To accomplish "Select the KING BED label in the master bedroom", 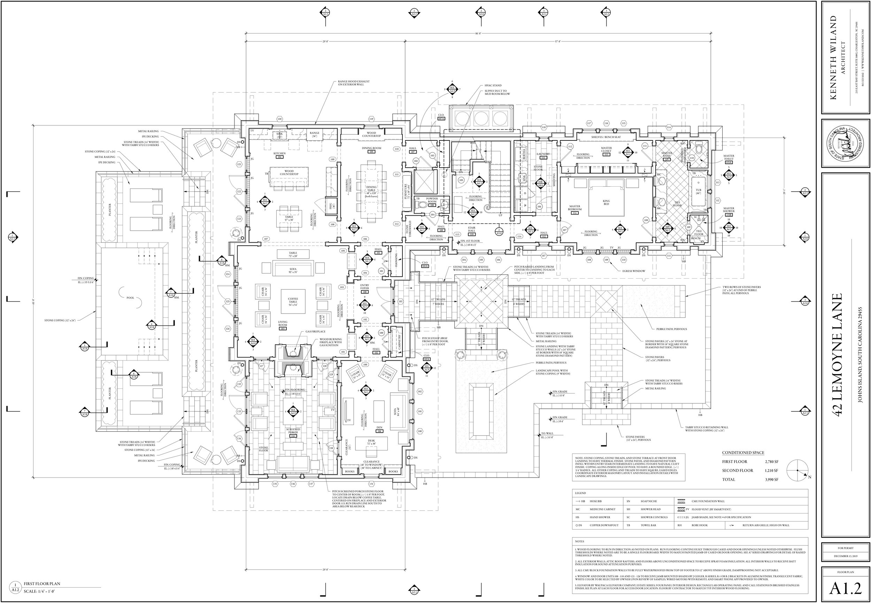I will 606,202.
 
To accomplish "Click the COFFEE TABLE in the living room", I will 293,301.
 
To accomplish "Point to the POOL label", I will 130,298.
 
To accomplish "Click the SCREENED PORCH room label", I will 293,431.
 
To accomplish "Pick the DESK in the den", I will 371,442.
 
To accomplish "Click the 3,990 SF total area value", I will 771,479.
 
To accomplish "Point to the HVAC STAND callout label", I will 493,85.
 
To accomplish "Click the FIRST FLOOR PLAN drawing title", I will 41,584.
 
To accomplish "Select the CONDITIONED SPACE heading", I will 743,453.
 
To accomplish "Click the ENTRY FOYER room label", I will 364,287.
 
